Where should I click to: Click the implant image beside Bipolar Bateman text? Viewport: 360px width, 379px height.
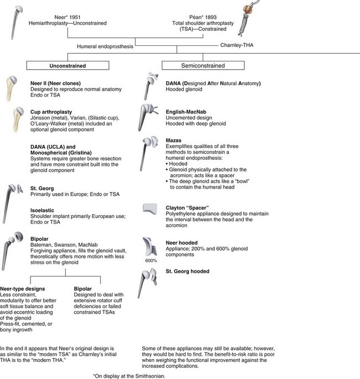(15, 246)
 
